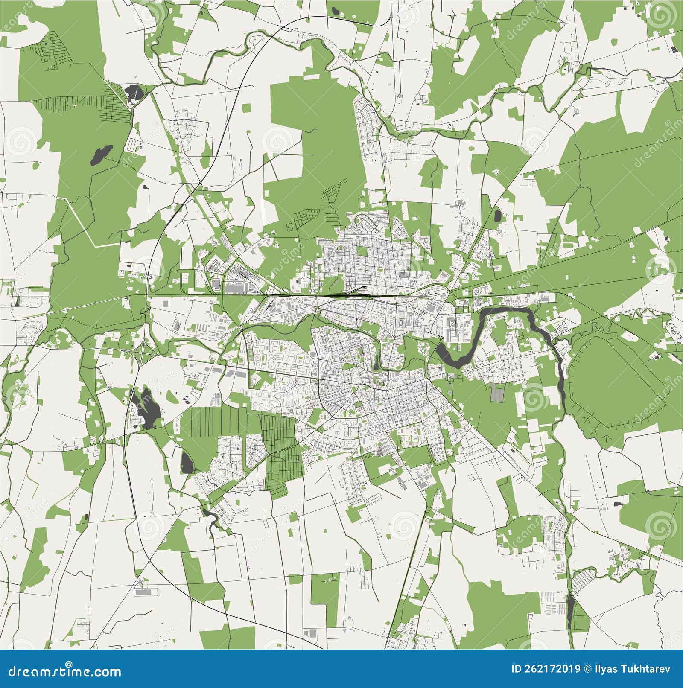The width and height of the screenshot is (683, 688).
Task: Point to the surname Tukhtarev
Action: coord(645,669)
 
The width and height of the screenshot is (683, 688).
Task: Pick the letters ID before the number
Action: coord(517,669)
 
